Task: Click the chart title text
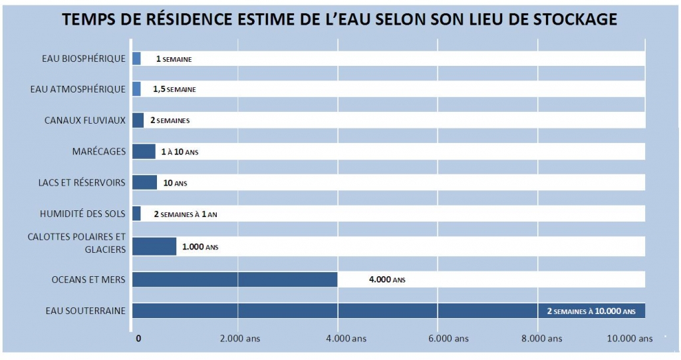click(x=340, y=20)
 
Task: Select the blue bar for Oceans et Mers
click(x=235, y=279)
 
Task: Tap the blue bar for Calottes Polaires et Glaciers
click(x=154, y=246)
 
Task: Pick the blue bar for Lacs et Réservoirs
click(x=144, y=182)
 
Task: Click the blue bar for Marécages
click(x=144, y=151)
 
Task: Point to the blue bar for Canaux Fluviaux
click(x=138, y=120)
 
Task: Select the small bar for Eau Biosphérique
click(x=136, y=59)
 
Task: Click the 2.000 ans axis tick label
click(x=239, y=339)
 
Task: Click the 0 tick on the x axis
click(x=138, y=339)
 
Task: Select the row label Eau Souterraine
click(x=86, y=311)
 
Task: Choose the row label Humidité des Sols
click(x=83, y=214)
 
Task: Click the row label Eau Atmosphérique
click(x=78, y=89)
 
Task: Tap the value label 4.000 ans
click(x=387, y=280)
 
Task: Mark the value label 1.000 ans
click(x=200, y=247)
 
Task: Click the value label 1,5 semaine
click(x=174, y=89)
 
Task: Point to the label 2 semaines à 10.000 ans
click(x=591, y=311)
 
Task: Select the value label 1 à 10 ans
click(x=180, y=152)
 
